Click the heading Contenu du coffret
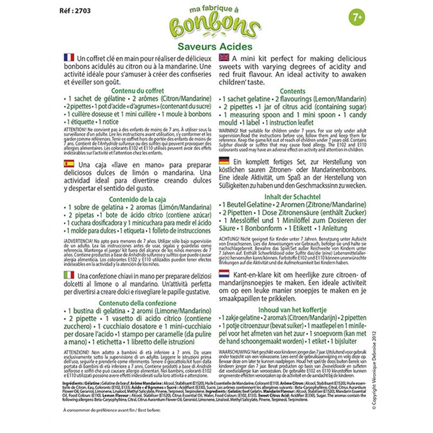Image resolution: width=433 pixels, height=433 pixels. (x=136, y=91)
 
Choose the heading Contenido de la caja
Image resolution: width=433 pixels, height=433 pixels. (x=136, y=199)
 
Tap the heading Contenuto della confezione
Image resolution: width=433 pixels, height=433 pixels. (x=136, y=303)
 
